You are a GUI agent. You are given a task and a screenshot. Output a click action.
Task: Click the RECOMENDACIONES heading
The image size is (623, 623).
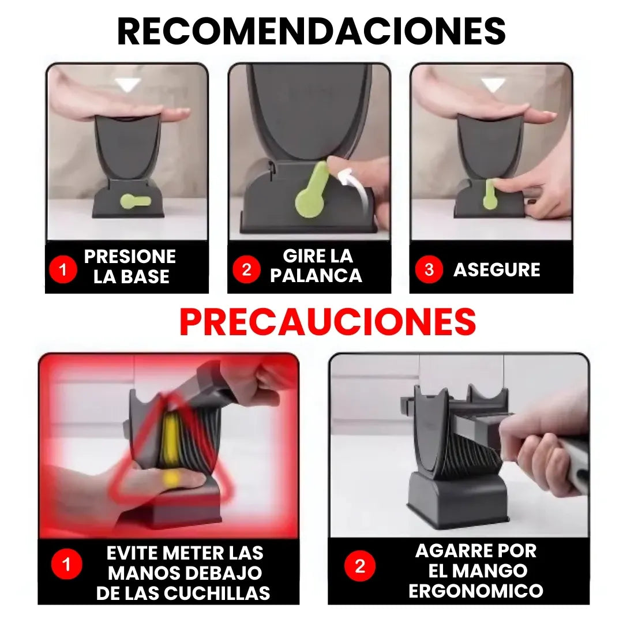click(311, 32)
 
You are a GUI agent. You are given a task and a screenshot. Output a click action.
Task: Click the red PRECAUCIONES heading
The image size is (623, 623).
click(327, 322)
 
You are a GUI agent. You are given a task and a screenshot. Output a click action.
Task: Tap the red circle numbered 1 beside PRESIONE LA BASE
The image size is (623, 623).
click(63, 269)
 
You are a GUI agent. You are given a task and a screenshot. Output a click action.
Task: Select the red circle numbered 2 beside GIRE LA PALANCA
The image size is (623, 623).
click(246, 269)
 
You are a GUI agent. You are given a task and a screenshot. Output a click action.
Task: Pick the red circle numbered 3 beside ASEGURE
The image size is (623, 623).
click(429, 269)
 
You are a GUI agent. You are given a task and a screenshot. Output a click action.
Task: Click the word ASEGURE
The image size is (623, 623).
click(497, 270)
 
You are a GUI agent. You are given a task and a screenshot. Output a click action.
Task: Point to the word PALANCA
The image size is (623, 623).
click(316, 276)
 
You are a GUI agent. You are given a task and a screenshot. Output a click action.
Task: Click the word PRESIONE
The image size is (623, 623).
click(130, 257)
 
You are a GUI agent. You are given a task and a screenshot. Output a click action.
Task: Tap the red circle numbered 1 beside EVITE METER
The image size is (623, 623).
click(66, 564)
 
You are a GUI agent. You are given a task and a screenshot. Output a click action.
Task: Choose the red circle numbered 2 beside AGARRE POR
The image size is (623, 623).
click(360, 566)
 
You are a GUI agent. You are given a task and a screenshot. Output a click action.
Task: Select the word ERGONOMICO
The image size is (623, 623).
click(476, 591)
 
